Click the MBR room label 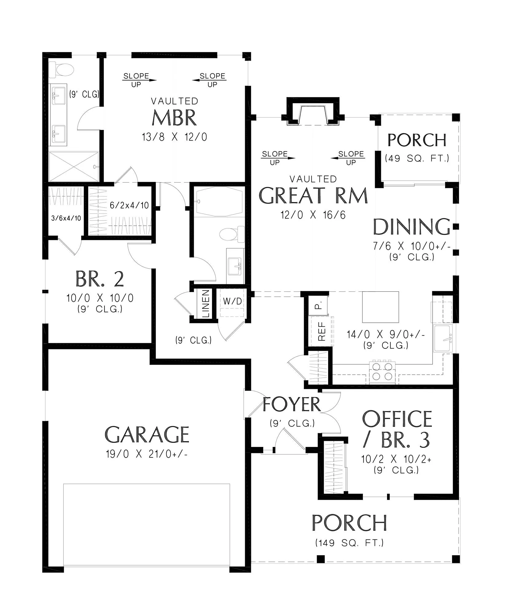pyautogui.click(x=174, y=118)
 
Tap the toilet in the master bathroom pyautogui.click(x=61, y=70)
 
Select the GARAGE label pyautogui.click(x=147, y=434)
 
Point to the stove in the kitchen pyautogui.click(x=382, y=372)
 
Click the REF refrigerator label pyautogui.click(x=322, y=331)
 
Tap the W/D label pyautogui.click(x=232, y=301)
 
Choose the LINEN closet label pyautogui.click(x=206, y=303)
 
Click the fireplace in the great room pyautogui.click(x=313, y=111)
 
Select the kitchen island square pyautogui.click(x=381, y=307)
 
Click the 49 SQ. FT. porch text pyautogui.click(x=417, y=158)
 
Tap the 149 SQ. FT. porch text pyautogui.click(x=349, y=543)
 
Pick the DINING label pyautogui.click(x=412, y=227)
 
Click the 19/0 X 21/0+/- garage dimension pyautogui.click(x=147, y=453)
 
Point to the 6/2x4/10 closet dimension pyautogui.click(x=129, y=205)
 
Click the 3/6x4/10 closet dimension pyautogui.click(x=66, y=218)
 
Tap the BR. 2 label pyautogui.click(x=100, y=279)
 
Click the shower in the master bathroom pyautogui.click(x=74, y=167)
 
